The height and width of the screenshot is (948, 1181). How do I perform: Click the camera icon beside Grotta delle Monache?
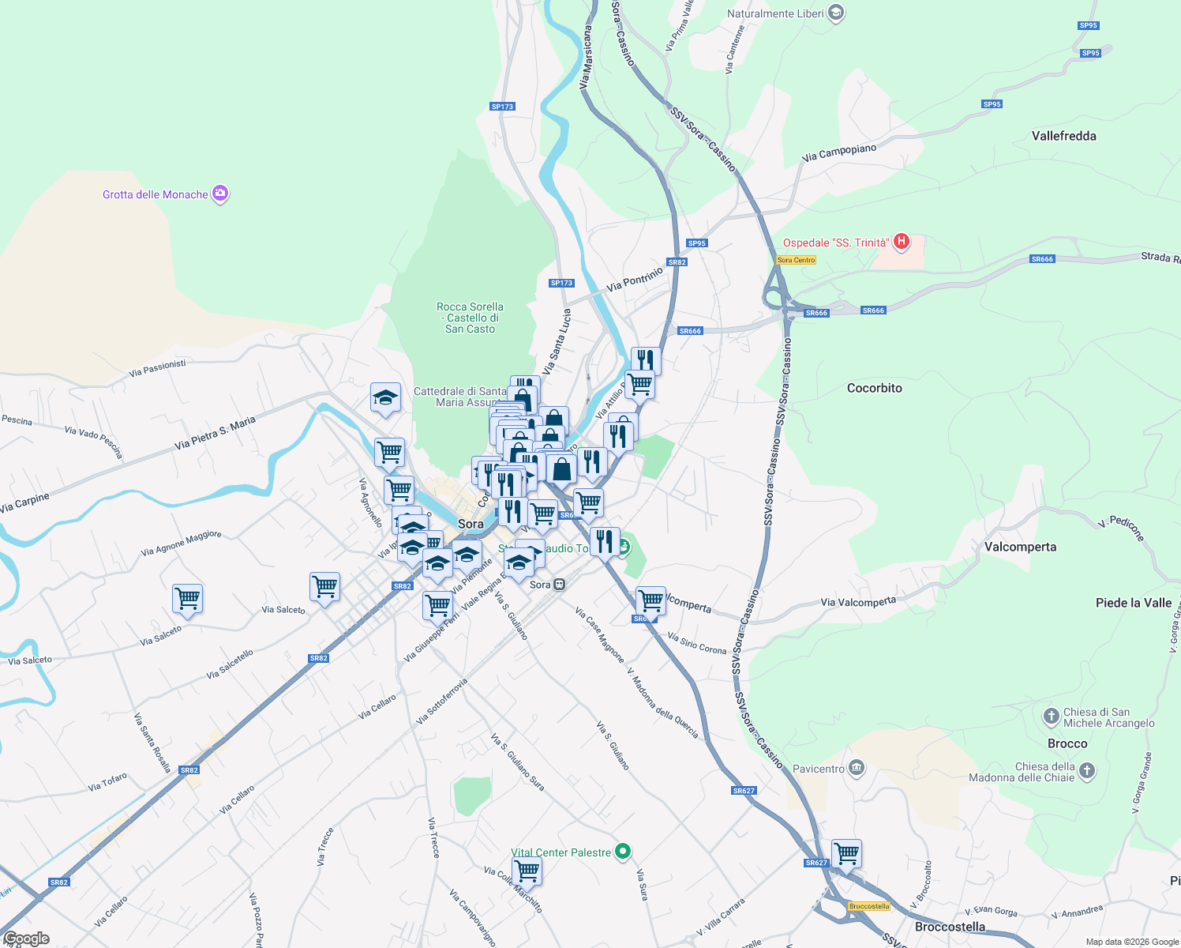[x=220, y=194]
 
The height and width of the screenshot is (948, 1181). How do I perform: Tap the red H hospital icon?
[x=902, y=242]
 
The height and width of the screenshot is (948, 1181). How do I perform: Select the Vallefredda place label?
[x=1063, y=136]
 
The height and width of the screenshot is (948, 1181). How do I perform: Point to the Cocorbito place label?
[x=874, y=388]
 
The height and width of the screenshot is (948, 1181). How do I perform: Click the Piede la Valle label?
[x=1133, y=603]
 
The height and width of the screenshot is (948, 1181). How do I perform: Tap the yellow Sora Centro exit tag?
[x=796, y=260]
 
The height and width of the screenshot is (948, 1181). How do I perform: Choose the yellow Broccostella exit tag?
[x=868, y=906]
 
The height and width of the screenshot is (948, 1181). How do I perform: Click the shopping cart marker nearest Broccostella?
[x=846, y=853]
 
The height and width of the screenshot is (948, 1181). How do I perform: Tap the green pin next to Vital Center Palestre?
[x=623, y=852]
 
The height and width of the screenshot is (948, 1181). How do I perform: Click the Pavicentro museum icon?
[x=857, y=768]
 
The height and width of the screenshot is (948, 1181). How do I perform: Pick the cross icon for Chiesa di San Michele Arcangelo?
[x=1051, y=717]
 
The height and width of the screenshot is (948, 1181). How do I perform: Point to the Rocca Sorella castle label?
[x=470, y=318]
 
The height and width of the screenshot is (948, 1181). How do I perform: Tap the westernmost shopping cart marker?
[x=188, y=599]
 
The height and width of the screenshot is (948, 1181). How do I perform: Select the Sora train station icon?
[x=559, y=585]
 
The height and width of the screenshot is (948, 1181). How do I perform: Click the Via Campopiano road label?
[x=838, y=152]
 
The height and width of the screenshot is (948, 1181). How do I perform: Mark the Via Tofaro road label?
[x=107, y=782]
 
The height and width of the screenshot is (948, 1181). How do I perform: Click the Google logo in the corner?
[x=26, y=939]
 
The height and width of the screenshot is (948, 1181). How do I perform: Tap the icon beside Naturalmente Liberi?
[x=837, y=13]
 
